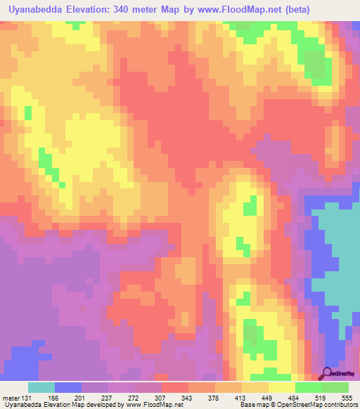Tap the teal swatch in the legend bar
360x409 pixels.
pos(41,388)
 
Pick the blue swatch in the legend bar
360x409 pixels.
pos(68,388)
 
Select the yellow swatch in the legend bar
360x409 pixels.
pos(281,388)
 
